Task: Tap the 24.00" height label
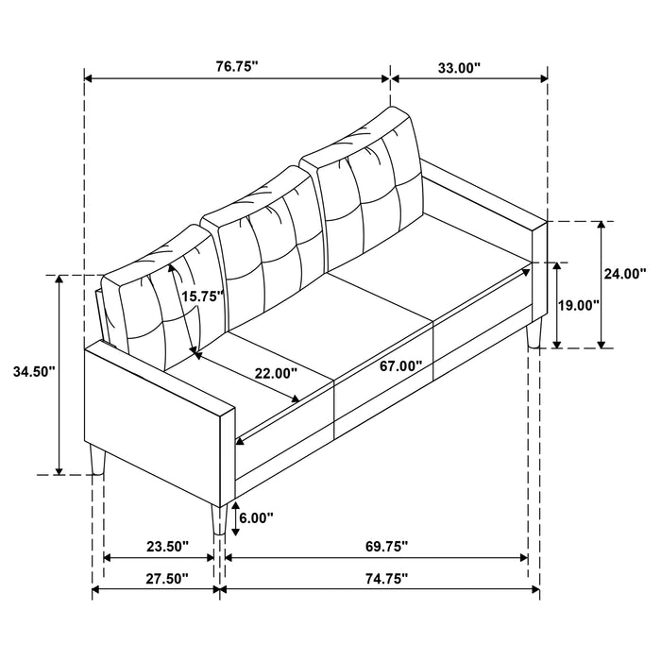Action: click(x=624, y=274)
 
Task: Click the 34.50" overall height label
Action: click(x=30, y=371)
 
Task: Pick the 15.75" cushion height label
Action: click(x=201, y=296)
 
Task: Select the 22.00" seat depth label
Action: click(x=275, y=373)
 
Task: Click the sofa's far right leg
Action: click(x=536, y=332)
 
